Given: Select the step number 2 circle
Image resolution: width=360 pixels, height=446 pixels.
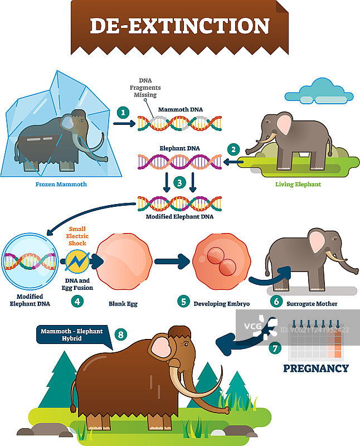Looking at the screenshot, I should pyautogui.click(x=234, y=149).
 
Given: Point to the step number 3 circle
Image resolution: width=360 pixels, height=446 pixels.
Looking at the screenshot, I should pyautogui.click(x=178, y=182).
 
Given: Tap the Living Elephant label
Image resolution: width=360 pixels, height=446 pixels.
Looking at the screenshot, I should pyautogui.click(x=298, y=184).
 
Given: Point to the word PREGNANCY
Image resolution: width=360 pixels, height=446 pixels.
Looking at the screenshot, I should pyautogui.click(x=315, y=368).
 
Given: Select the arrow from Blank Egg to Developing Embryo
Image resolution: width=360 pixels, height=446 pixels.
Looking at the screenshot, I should pyautogui.click(x=171, y=260).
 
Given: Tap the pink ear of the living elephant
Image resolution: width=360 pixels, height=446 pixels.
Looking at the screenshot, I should pyautogui.click(x=285, y=125).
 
